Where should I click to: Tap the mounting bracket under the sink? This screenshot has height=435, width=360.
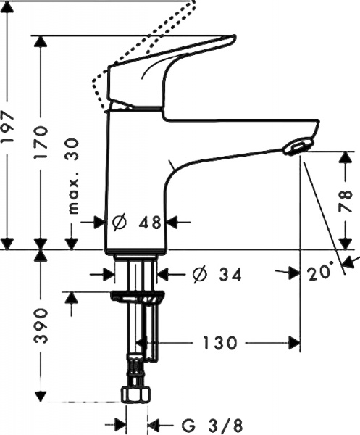tap(137, 297)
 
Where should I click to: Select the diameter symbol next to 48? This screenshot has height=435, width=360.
tap(120, 223)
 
